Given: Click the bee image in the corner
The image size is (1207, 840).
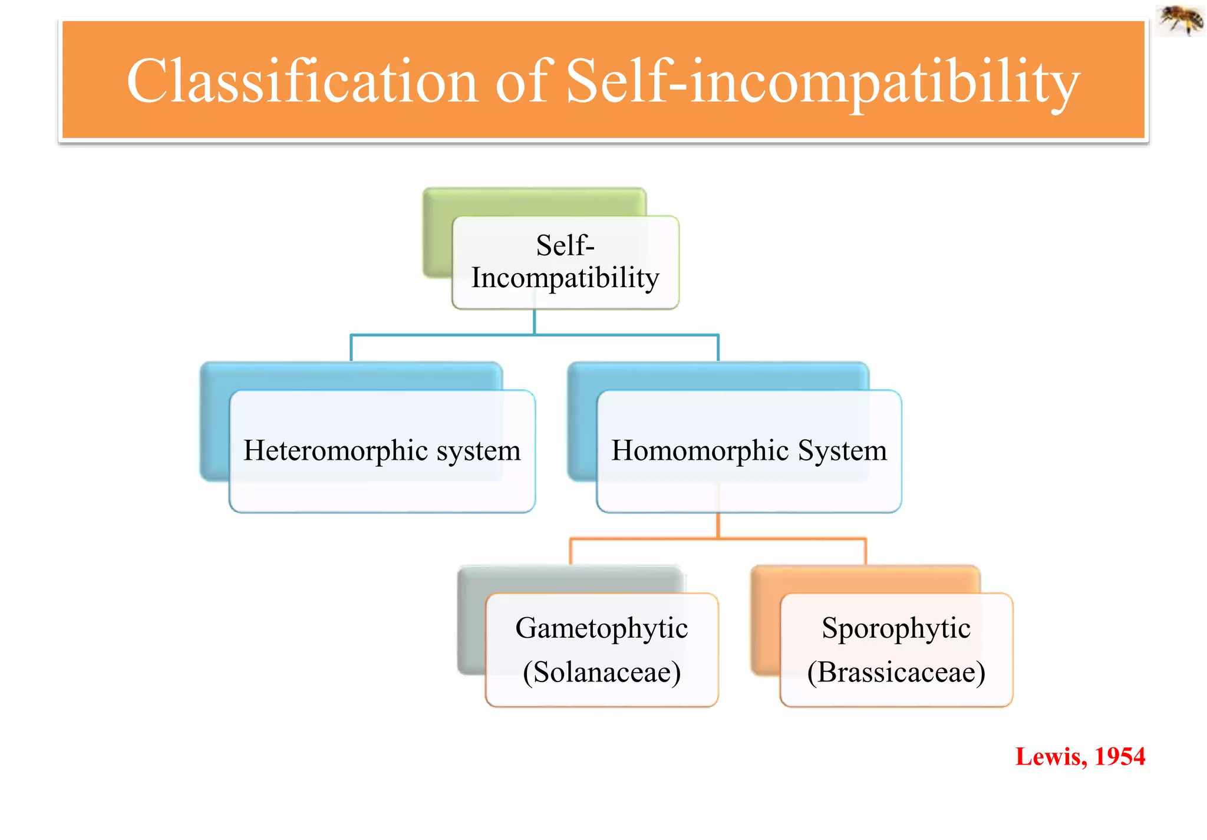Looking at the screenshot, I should (x=1180, y=20).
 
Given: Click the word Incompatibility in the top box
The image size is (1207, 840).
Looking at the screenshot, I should (x=565, y=278).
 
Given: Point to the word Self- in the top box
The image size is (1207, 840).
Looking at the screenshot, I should (x=565, y=245).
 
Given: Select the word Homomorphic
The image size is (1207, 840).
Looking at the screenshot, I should (x=700, y=451).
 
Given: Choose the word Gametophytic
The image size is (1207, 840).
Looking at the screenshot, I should (x=601, y=628).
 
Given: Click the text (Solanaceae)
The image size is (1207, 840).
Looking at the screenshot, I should (x=601, y=672).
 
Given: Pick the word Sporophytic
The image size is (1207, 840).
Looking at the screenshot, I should (x=896, y=628).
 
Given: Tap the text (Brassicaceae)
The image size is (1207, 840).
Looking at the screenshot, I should (x=896, y=672).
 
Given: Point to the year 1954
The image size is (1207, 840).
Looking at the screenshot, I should (x=1120, y=757).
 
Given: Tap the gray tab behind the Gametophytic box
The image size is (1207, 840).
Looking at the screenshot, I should (x=471, y=619).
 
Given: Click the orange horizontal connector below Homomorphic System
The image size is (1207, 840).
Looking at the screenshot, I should (x=648, y=538).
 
